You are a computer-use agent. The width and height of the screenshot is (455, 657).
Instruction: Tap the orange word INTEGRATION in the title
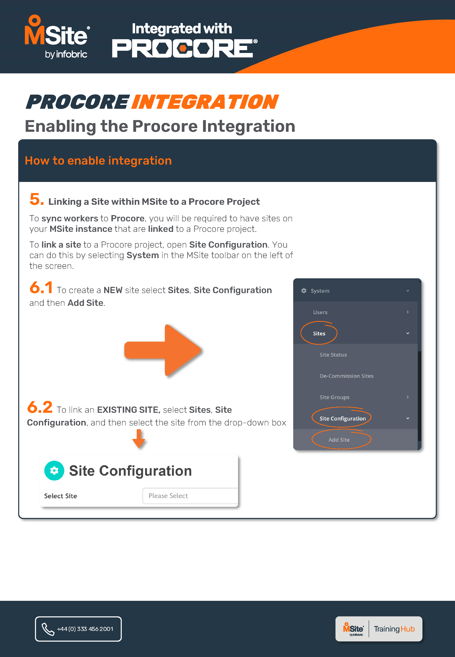coord(204,102)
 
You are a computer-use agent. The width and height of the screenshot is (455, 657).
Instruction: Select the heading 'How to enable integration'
coord(98,161)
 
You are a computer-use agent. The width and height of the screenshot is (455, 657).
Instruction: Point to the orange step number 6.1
coord(41,287)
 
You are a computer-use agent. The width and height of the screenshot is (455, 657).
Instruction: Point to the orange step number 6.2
coord(40,407)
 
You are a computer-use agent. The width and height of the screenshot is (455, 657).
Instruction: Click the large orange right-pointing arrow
coord(163,351)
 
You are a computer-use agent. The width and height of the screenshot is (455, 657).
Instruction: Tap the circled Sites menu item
coord(319,333)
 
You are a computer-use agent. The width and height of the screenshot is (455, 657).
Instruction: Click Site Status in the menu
coord(333,355)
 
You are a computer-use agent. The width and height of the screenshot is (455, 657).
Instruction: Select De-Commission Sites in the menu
coord(346,376)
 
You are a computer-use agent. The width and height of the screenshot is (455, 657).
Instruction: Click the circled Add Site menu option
coord(339,440)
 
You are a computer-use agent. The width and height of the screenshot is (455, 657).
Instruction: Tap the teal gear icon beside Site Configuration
coord(54,471)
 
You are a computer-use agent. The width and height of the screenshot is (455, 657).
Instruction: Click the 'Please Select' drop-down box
coord(190,496)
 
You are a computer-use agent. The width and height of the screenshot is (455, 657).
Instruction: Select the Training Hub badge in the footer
coord(379,629)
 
